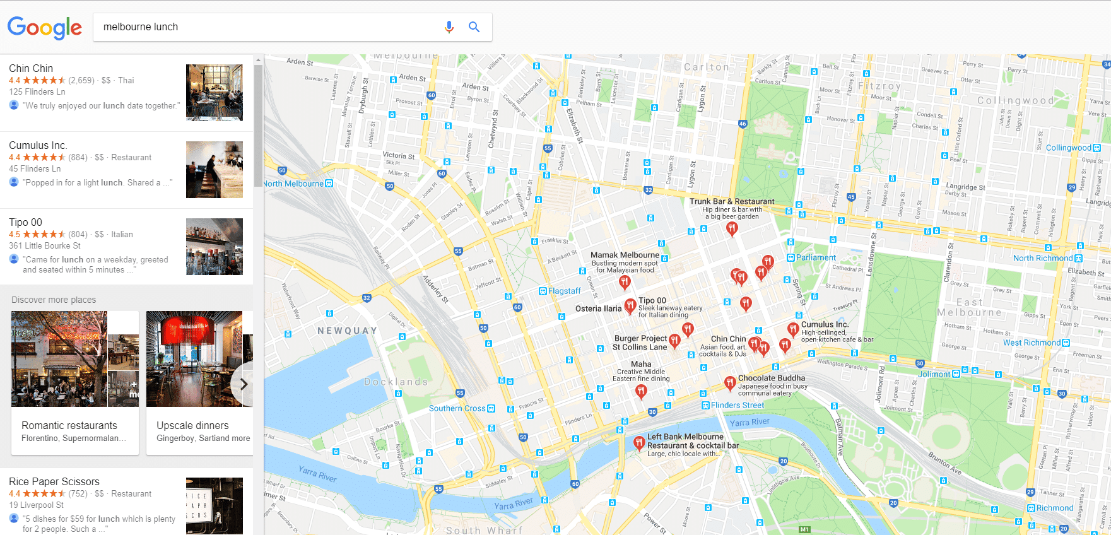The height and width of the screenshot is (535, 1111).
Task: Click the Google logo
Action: [44, 27]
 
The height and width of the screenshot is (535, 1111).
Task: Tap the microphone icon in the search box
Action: [449, 27]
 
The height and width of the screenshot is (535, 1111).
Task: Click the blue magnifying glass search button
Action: [474, 27]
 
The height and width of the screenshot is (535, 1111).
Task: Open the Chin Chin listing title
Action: [31, 68]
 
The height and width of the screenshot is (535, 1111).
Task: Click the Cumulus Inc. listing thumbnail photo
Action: [215, 170]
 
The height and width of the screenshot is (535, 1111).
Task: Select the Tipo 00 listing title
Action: [25, 222]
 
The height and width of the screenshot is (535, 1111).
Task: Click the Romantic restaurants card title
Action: [69, 425]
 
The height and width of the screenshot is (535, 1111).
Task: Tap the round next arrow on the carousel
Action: [244, 384]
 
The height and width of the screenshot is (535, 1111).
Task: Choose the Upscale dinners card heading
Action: [192, 425]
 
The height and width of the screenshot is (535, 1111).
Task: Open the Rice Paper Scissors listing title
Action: [54, 481]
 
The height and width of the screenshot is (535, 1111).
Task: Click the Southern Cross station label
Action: [457, 408]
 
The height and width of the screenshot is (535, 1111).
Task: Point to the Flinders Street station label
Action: [737, 405]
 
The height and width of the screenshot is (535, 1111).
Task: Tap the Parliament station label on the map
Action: [815, 257]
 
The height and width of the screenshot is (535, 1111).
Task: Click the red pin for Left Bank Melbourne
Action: [638, 443]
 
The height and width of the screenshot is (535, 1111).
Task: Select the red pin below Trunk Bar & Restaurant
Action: [731, 228]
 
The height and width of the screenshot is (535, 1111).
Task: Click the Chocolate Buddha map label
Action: [771, 378]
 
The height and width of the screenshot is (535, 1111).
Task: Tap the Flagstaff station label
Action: [563, 291]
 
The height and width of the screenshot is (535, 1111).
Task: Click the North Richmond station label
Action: [1042, 258]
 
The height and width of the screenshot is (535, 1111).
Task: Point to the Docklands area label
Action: [396, 382]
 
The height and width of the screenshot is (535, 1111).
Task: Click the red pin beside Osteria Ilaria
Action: [630, 306]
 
